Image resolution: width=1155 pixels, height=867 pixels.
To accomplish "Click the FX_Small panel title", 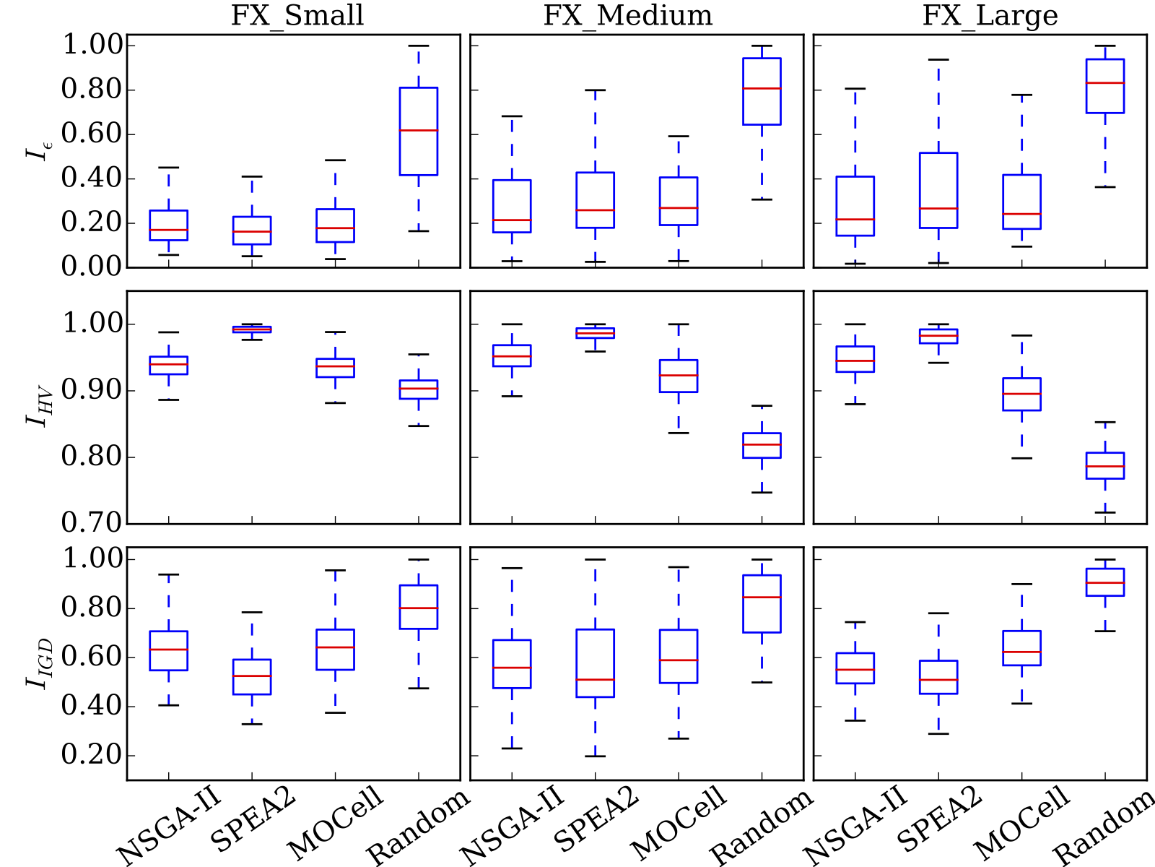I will tap(297, 16).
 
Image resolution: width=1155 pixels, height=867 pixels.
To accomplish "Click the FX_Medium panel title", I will tap(627, 16).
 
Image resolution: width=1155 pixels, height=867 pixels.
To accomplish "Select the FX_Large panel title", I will tap(990, 16).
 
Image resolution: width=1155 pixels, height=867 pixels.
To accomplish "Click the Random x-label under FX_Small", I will tap(419, 827).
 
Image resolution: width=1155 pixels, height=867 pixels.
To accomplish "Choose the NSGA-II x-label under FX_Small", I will tap(168, 827).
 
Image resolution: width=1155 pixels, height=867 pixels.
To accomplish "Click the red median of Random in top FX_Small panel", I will tap(419, 130).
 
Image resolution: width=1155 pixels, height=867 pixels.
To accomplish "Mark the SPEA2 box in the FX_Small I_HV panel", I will tap(252, 329).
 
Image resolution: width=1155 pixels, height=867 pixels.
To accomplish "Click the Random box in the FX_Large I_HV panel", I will tap(1105, 465).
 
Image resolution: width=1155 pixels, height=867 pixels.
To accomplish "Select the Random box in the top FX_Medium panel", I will tap(762, 91).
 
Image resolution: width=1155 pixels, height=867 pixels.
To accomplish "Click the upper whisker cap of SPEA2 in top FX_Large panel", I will tap(938, 59).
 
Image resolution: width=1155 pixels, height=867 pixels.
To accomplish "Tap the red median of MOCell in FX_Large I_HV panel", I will tap(1021, 394).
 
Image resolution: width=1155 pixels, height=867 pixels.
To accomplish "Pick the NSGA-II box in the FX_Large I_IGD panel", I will tap(855, 668).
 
